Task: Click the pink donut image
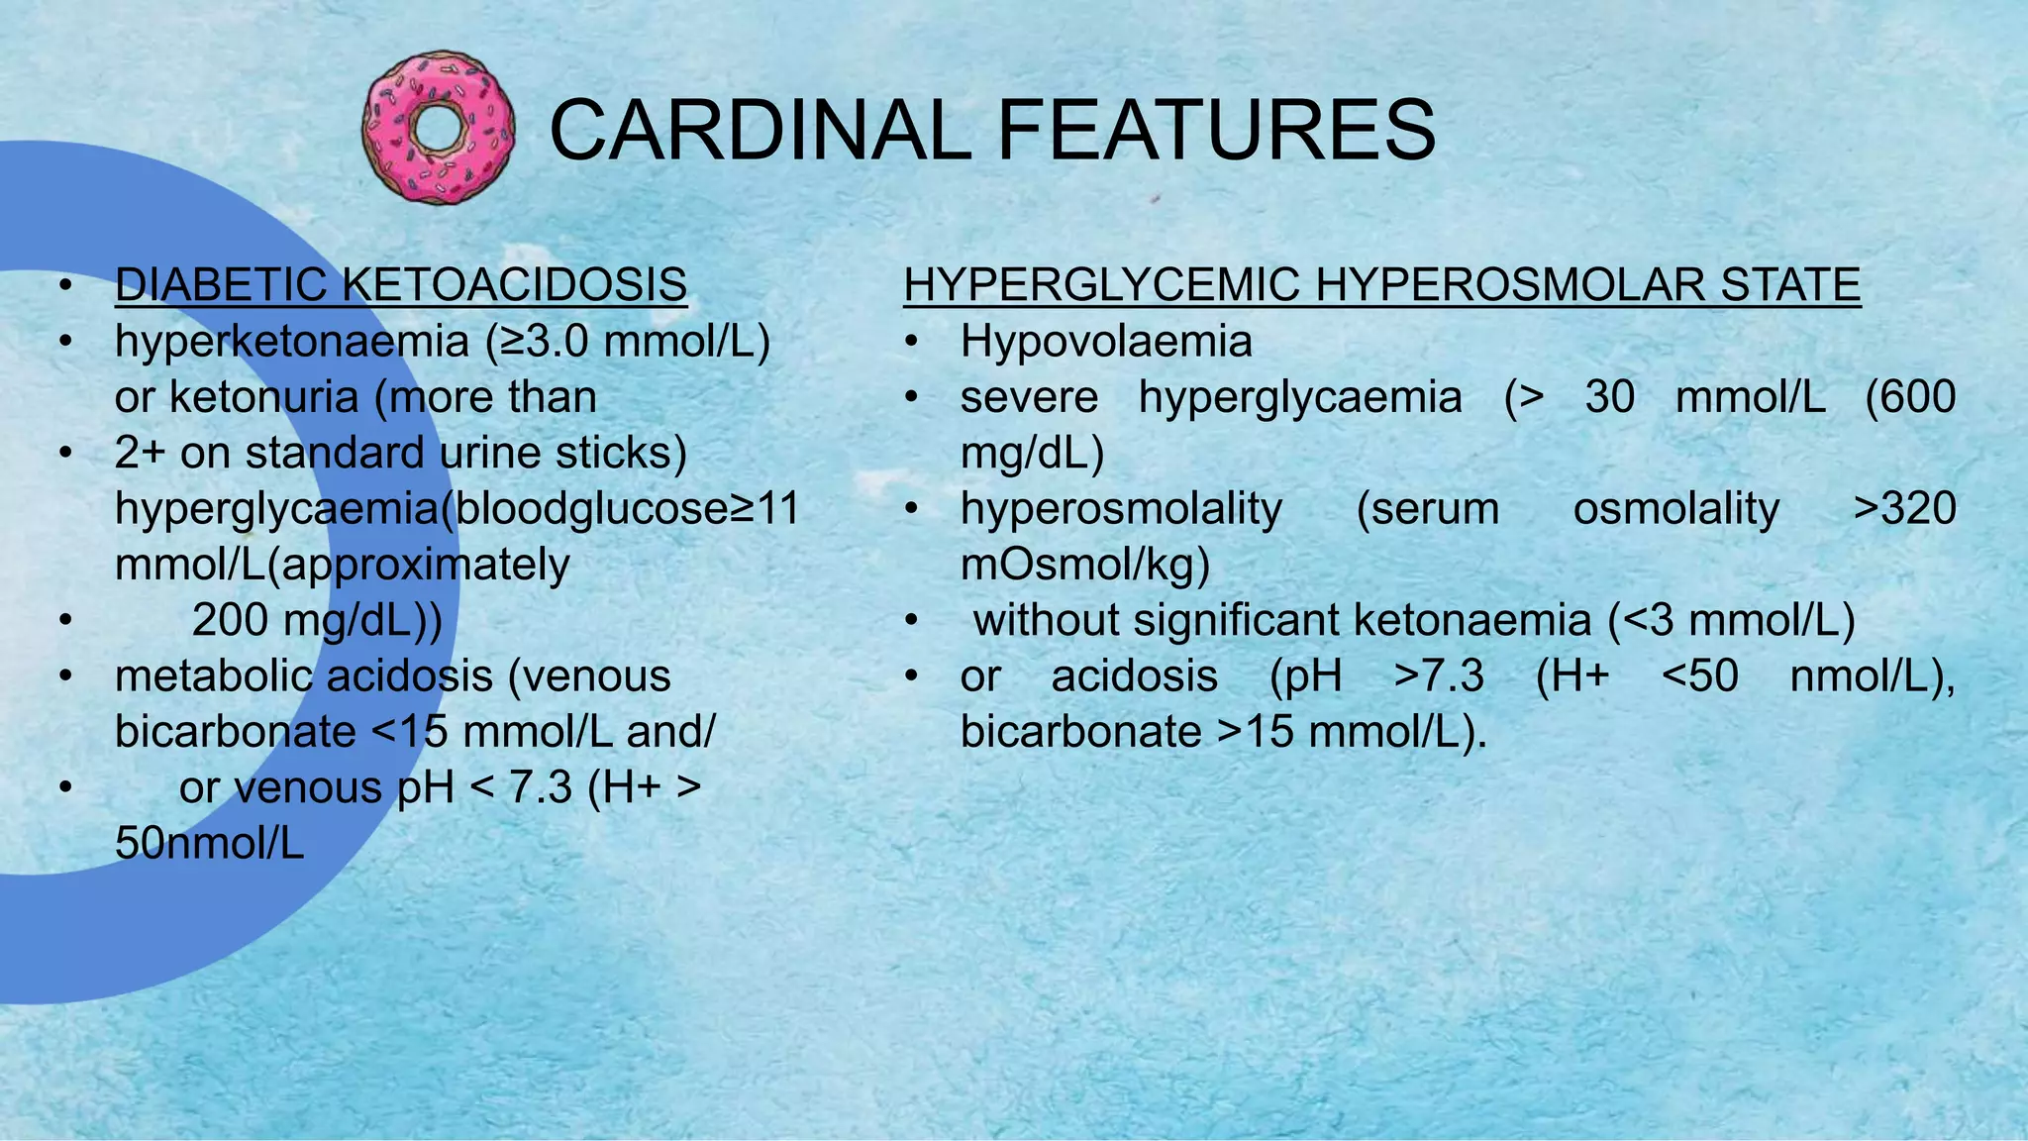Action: pos(439,129)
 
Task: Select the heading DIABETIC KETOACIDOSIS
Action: pos(401,285)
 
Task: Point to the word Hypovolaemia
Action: pos(1106,342)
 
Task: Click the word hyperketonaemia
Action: pos(292,342)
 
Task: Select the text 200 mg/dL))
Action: pos(317,621)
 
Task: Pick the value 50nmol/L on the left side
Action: pos(210,844)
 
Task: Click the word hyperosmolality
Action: pos(1121,509)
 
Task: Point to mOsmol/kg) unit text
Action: pos(1085,565)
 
